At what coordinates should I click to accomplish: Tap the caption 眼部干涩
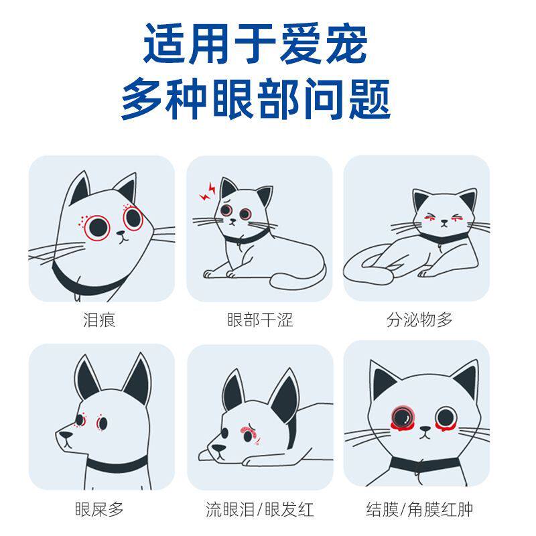point(260,320)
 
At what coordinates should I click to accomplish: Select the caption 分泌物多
point(419,320)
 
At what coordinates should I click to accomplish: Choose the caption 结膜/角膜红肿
point(419,509)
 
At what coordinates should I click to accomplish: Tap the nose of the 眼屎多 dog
point(64,436)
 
